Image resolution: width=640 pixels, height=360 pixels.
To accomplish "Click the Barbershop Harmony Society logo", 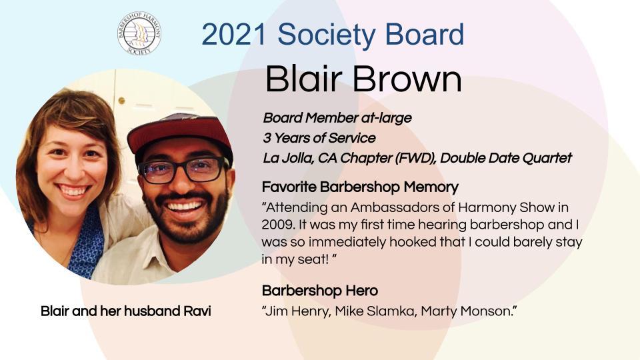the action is (139, 33).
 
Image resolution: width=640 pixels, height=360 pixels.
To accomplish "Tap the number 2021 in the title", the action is (234, 34).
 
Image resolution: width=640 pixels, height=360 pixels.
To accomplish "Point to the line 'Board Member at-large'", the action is (337, 118).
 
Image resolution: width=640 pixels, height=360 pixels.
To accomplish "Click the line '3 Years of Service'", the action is (319, 138).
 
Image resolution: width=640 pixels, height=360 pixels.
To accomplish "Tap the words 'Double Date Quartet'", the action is (506, 158).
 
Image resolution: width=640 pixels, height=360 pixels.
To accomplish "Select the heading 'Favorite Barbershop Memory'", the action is (360, 187).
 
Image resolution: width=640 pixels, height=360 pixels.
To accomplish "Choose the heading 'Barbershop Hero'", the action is (319, 291).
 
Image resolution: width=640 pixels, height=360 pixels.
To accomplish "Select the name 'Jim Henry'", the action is (297, 311).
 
